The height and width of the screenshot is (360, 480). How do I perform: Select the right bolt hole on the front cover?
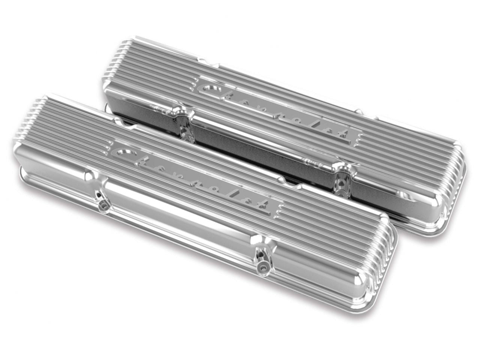261,267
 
